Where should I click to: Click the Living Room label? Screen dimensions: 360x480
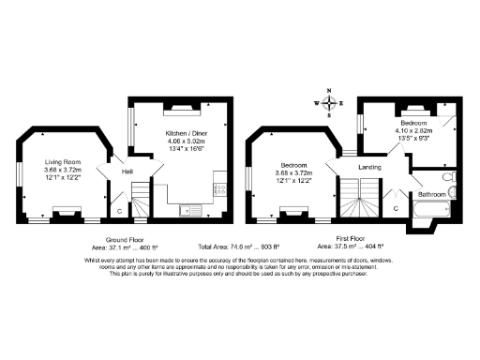(64, 162)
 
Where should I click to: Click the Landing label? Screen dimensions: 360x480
(370, 168)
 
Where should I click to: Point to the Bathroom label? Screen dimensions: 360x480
(432, 194)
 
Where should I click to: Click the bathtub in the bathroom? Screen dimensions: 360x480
(429, 214)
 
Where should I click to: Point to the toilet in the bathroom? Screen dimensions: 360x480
(448, 175)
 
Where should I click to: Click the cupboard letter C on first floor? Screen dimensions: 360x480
(396, 206)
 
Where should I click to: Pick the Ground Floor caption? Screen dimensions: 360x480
(123, 238)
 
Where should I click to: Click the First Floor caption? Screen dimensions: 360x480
(351, 238)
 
